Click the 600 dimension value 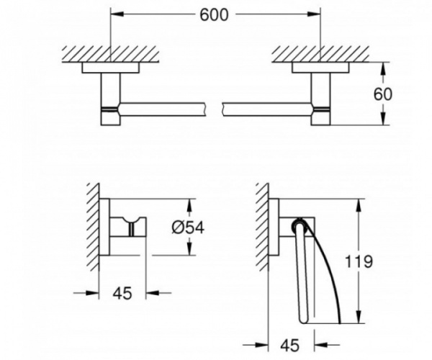pos(214,14)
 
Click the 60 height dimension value pos(382,94)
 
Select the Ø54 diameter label pos(188,228)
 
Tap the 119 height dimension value pos(359,261)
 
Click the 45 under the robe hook pos(122,293)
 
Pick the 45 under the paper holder pos(290,345)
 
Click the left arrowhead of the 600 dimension pos(117,14)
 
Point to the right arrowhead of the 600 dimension pos(315,14)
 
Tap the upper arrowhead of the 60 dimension pos(382,69)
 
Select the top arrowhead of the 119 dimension pos(359,205)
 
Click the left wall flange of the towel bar pos(111,68)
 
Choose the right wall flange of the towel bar pos(320,68)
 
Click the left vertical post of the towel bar pos(111,99)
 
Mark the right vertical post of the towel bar pos(320,99)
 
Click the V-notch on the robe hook pos(130,220)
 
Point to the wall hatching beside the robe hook pos(93,227)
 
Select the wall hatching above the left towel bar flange pos(110,54)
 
